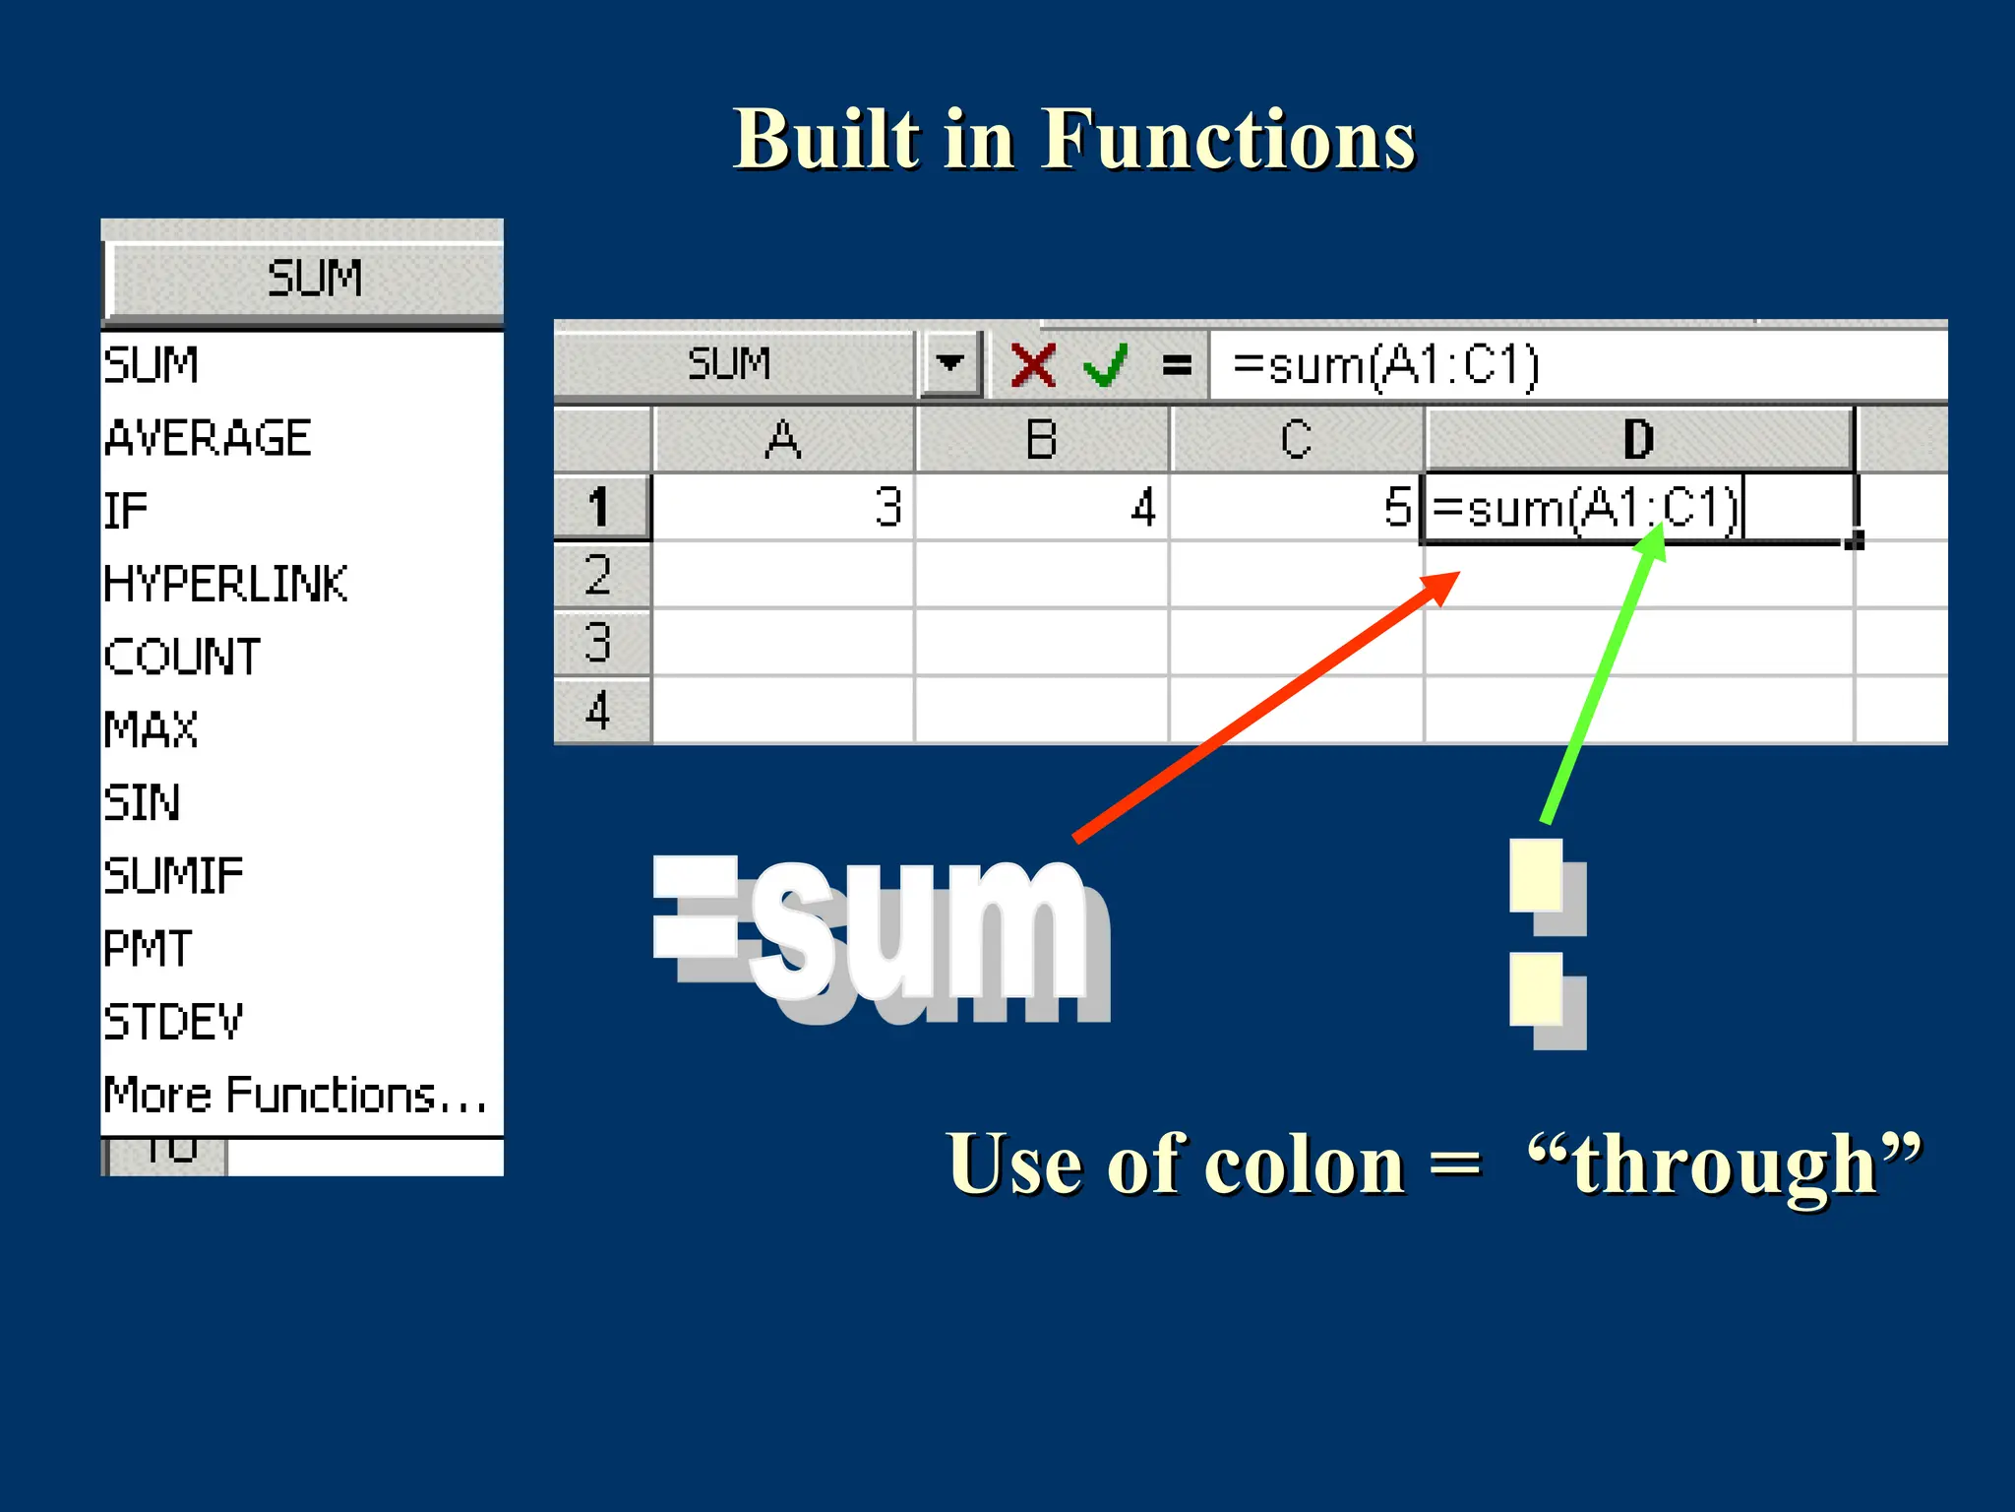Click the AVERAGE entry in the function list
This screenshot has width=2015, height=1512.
tap(209, 438)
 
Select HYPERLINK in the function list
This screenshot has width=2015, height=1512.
tap(226, 584)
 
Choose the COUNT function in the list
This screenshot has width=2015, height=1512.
tap(183, 657)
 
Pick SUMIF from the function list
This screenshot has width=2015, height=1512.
tap(173, 875)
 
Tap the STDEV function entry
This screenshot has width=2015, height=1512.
tap(173, 1021)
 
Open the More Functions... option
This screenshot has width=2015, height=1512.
tap(295, 1095)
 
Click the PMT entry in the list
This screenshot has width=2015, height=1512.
tap(148, 948)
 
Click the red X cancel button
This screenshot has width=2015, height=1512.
tap(1033, 365)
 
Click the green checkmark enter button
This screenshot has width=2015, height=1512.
tap(1105, 365)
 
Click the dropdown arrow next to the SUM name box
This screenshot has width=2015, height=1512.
tap(949, 363)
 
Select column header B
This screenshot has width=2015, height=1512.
tap(1041, 439)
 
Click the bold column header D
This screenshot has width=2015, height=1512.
tap(1638, 439)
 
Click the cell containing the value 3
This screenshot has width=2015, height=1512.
tap(783, 508)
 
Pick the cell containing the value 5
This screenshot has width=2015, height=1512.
tap(1297, 508)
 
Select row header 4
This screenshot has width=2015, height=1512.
tap(600, 711)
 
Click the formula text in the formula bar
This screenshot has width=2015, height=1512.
tap(1385, 365)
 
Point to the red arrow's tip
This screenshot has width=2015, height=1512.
tap(1456, 575)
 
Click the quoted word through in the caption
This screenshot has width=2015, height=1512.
tap(1724, 1164)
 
